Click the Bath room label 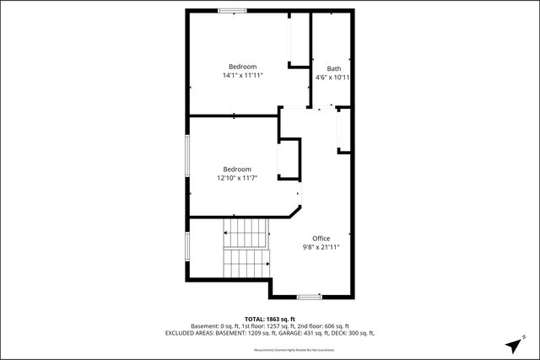pyautogui.click(x=334, y=69)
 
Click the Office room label pyautogui.click(x=321, y=239)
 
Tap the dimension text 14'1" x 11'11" pyautogui.click(x=243, y=76)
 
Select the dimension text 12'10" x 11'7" pyautogui.click(x=237, y=178)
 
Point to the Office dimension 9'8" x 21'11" pyautogui.click(x=321, y=247)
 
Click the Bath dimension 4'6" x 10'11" pyautogui.click(x=332, y=78)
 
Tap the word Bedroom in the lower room pyautogui.click(x=237, y=169)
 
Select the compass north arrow pyautogui.click(x=515, y=346)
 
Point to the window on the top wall pyautogui.click(x=232, y=10)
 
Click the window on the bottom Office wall pyautogui.click(x=309, y=297)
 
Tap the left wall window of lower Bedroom pyautogui.click(x=187, y=156)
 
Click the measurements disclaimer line pyautogui.click(x=269, y=348)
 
